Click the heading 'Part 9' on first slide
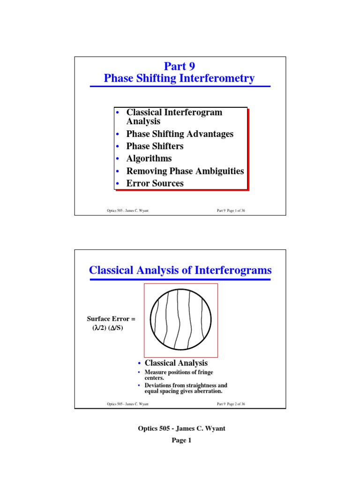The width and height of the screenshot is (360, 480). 179,67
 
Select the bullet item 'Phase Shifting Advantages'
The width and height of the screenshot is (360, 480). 180,134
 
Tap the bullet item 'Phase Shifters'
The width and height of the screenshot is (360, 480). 155,146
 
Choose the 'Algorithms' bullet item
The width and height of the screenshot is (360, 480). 149,158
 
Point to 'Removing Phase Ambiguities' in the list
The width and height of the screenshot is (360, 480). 185,171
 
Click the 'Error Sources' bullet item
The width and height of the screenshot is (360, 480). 155,183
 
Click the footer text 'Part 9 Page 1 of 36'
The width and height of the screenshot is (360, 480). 231,211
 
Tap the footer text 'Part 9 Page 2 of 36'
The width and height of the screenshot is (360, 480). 231,404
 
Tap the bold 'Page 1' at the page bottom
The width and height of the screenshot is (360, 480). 180,441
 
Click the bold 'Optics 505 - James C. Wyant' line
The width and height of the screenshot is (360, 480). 180,428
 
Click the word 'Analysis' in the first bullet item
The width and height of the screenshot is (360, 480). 143,121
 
